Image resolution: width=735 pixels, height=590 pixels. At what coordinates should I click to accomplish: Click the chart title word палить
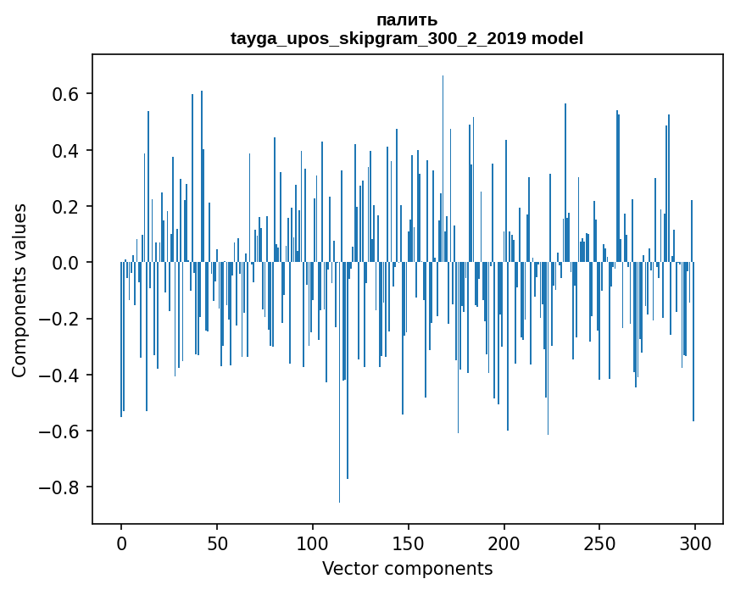click(x=406, y=20)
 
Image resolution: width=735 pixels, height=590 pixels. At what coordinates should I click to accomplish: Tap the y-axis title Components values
click(x=19, y=289)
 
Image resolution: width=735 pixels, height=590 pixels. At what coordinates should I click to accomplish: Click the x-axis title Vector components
click(x=407, y=569)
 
